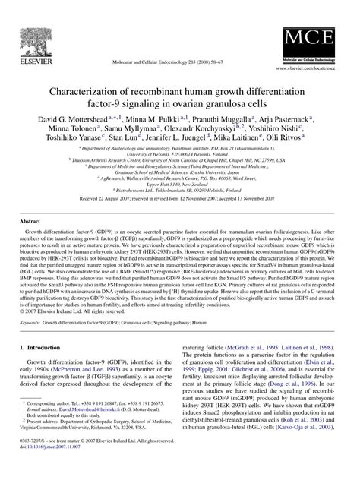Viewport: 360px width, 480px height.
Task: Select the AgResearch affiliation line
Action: click(x=180, y=198)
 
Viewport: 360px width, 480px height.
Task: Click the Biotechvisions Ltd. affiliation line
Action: click(x=180, y=210)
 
